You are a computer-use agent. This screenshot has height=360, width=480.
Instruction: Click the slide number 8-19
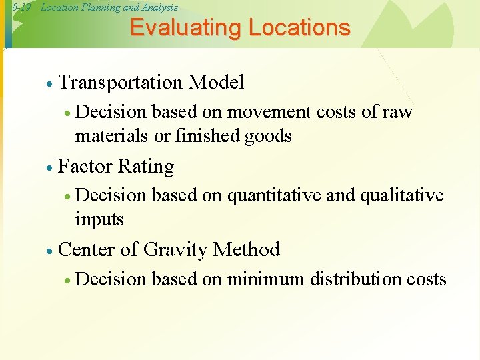(21, 7)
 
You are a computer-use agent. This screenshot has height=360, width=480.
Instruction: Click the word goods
(268, 137)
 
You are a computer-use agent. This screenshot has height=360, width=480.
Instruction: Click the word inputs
(100, 219)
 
